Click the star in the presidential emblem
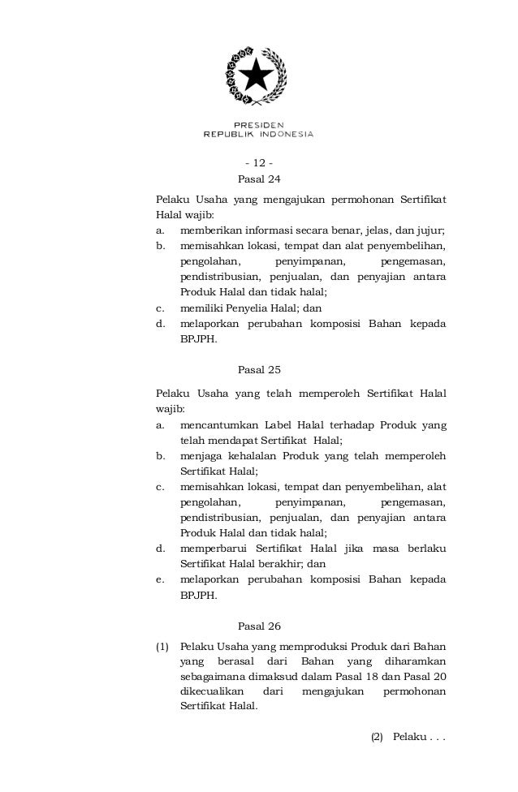pyautogui.click(x=258, y=76)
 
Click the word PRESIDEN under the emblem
pyautogui.click(x=259, y=125)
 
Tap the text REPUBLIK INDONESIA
pyautogui.click(x=258, y=135)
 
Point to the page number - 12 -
pyautogui.click(x=258, y=170)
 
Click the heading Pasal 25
pyautogui.click(x=258, y=369)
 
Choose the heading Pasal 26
pyautogui.click(x=258, y=626)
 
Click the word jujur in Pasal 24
pyautogui.click(x=433, y=232)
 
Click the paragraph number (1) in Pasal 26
pyautogui.click(x=162, y=647)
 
